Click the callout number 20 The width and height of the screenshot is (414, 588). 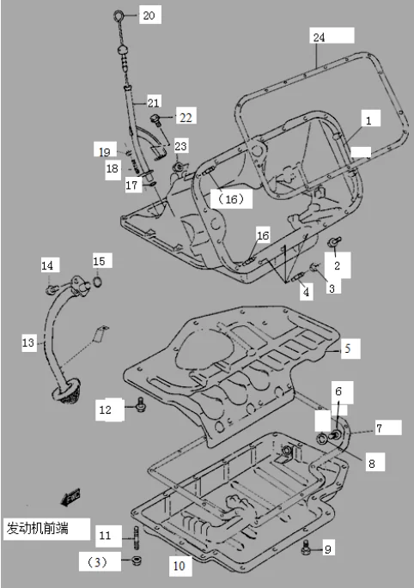point(149,16)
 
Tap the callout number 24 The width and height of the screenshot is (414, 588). point(320,38)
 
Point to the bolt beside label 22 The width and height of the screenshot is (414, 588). point(156,118)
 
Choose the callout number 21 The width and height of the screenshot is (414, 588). point(154,101)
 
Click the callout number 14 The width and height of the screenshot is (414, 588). point(47,266)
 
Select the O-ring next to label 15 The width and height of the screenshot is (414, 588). point(96,281)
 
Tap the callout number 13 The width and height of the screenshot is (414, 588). point(28,342)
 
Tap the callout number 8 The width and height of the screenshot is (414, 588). point(371,464)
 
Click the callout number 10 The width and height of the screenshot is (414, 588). point(179,566)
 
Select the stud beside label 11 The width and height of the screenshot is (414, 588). point(136,537)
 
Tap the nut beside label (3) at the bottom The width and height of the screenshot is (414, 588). point(137,562)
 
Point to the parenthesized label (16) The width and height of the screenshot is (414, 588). point(231,199)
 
